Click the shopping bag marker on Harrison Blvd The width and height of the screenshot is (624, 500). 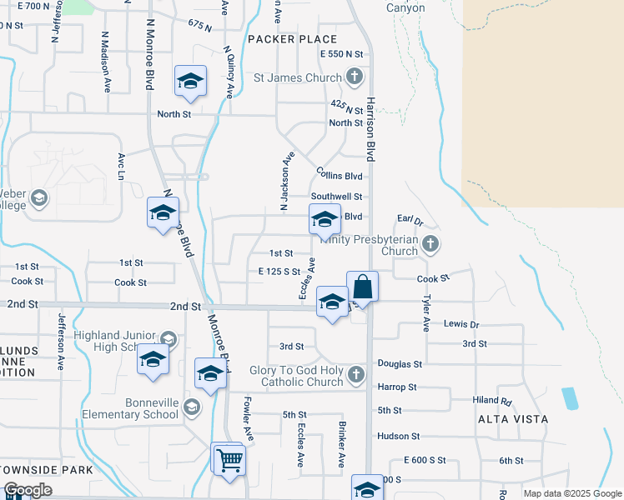tap(362, 287)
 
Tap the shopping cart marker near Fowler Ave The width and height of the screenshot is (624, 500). tap(229, 459)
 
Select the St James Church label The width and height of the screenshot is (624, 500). tap(297, 77)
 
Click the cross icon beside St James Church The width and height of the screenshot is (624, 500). tap(355, 77)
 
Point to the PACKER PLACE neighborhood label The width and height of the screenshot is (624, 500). tap(292, 39)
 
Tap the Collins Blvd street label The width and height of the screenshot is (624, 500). tap(339, 176)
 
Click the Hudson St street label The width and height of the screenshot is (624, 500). tap(398, 436)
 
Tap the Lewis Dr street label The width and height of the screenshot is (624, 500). tap(461, 323)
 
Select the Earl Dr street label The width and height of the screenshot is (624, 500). tap(410, 222)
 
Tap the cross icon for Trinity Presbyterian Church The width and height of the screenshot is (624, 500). tap(430, 244)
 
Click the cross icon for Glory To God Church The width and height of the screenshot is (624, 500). tap(356, 374)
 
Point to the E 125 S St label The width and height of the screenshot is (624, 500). tap(279, 272)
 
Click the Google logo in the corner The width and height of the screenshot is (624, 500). tap(28, 491)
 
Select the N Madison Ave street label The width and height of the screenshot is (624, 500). tap(106, 63)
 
